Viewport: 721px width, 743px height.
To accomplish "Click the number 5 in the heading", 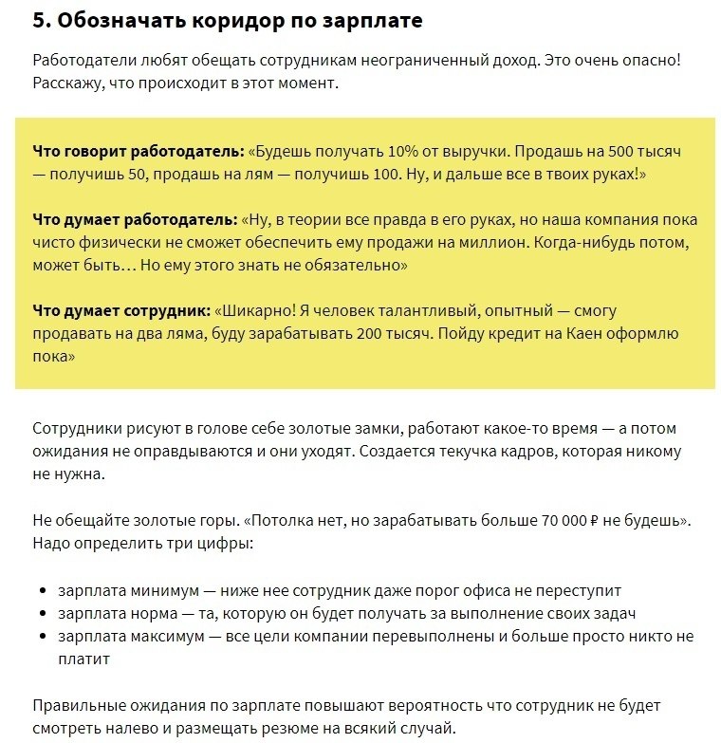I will click(39, 19).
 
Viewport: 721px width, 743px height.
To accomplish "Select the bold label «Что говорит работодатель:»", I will click(138, 151).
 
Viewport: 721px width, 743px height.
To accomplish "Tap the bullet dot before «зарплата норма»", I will click(43, 614).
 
